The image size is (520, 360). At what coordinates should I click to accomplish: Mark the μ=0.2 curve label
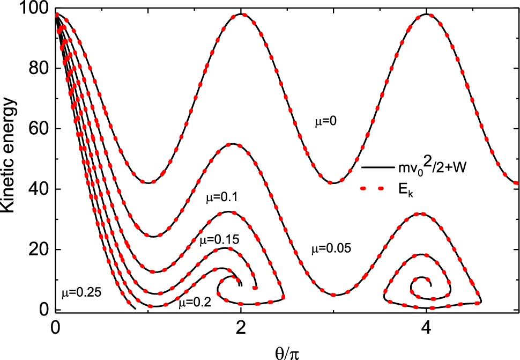click(x=195, y=303)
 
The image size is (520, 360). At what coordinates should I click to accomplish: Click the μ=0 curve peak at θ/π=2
click(x=241, y=14)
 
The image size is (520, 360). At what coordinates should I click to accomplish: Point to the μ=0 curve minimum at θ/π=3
click(x=333, y=183)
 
